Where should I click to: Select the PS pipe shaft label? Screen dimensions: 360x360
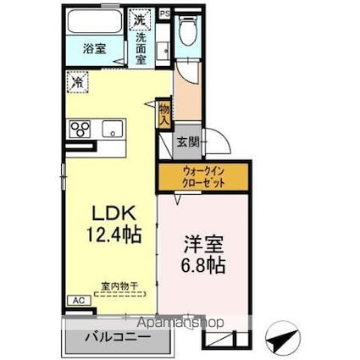[165, 14]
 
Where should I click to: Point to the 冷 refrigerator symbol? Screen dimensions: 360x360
[78, 83]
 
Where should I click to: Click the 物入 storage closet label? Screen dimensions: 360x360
[163, 113]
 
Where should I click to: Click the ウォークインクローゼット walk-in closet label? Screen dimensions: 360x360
[202, 178]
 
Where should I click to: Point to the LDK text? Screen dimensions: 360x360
[107, 212]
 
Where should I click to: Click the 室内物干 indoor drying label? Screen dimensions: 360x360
[111, 285]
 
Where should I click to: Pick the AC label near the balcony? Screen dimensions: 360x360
[76, 301]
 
